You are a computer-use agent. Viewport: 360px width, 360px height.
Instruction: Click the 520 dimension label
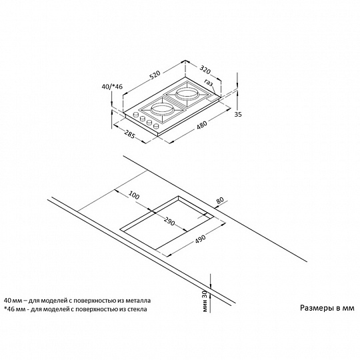pyautogui.click(x=155, y=75)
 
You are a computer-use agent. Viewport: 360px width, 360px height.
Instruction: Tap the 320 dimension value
pyautogui.click(x=205, y=70)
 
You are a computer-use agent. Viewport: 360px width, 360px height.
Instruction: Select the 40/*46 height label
pyautogui.click(x=112, y=87)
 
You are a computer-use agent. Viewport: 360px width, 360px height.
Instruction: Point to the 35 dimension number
pyautogui.click(x=238, y=114)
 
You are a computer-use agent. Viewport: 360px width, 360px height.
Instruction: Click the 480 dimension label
pyautogui.click(x=202, y=125)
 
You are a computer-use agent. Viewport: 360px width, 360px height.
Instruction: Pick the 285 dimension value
pyautogui.click(x=129, y=134)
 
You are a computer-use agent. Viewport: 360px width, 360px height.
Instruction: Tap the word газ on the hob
pyautogui.click(x=209, y=83)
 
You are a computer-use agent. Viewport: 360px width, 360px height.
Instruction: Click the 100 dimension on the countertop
pyautogui.click(x=133, y=195)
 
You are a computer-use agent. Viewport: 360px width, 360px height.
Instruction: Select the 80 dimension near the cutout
pyautogui.click(x=220, y=200)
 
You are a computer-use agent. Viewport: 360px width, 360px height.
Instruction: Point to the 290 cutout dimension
pyautogui.click(x=169, y=221)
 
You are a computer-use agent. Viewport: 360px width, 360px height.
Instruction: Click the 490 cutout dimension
pyautogui.click(x=201, y=239)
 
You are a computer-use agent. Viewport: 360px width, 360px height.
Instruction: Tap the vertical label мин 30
pyautogui.click(x=205, y=301)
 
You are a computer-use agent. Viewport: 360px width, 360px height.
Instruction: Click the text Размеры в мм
pyautogui.click(x=327, y=308)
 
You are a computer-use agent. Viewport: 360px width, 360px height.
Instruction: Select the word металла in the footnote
pyautogui.click(x=140, y=300)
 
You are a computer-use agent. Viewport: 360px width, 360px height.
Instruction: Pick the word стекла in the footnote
pyautogui.click(x=138, y=309)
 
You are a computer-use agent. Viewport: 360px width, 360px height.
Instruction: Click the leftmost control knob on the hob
pyautogui.click(x=136, y=114)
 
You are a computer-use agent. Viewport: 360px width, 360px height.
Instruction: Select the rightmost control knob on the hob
pyautogui.click(x=157, y=126)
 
